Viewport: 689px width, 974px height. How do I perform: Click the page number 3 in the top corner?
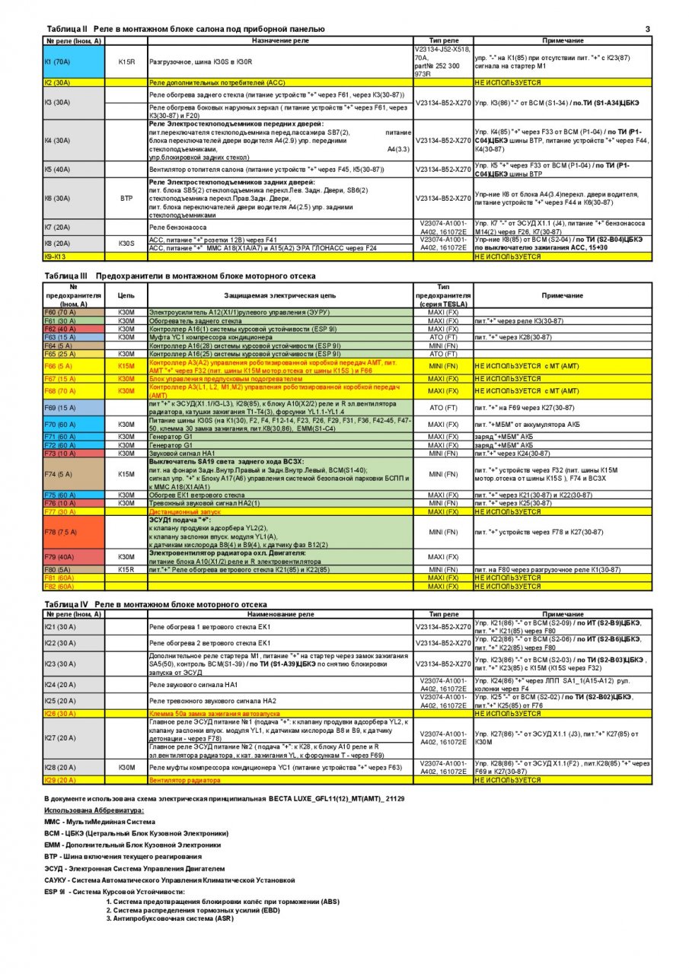(x=647, y=29)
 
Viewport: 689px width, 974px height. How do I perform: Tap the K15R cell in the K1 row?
(x=126, y=62)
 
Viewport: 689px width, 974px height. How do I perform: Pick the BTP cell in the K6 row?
(x=126, y=198)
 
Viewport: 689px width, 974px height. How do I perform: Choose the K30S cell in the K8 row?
(x=126, y=243)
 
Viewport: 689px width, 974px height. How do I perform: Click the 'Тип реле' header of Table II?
(x=444, y=40)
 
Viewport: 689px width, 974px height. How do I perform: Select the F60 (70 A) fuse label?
(x=62, y=313)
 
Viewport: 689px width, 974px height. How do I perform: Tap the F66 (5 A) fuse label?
(x=62, y=366)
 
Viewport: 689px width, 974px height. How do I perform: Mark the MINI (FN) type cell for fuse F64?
(x=443, y=345)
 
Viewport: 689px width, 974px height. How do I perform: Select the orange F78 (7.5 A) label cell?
(x=62, y=532)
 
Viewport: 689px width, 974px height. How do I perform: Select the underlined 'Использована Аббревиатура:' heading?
(x=93, y=810)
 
